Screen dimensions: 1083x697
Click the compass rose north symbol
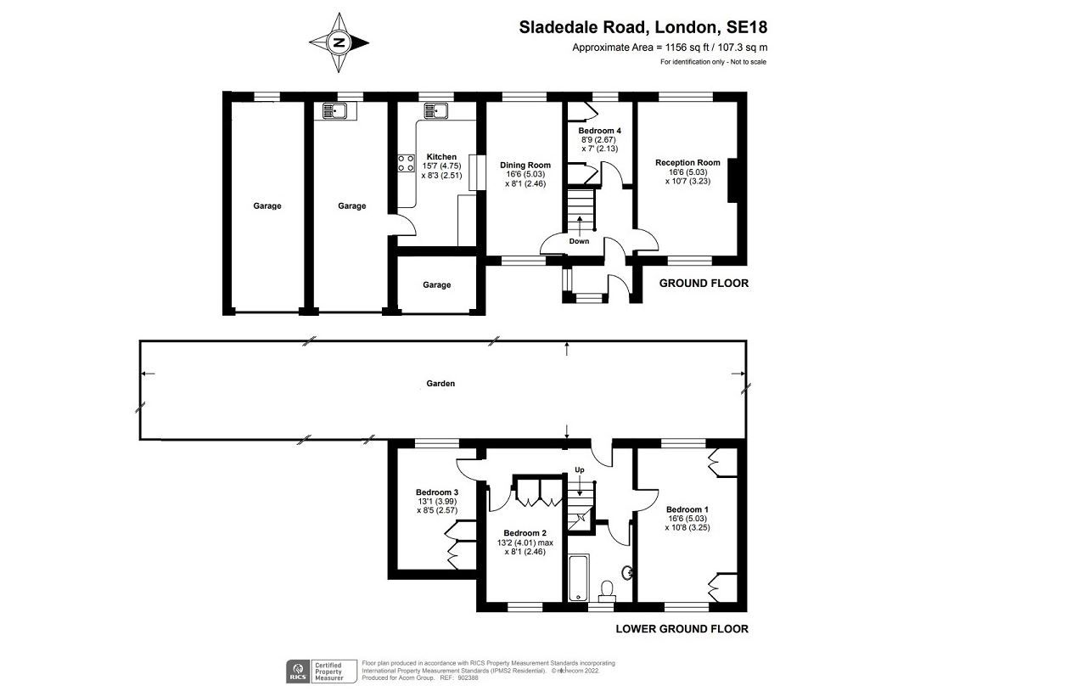(x=339, y=42)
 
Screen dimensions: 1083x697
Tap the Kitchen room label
(x=441, y=157)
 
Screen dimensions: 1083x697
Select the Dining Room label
(x=525, y=165)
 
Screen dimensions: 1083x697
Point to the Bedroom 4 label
(x=599, y=131)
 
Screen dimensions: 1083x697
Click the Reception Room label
(x=687, y=162)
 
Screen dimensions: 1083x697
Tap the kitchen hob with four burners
(x=406, y=163)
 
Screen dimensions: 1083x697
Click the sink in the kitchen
(x=436, y=110)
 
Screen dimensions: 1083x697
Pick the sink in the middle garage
(x=334, y=111)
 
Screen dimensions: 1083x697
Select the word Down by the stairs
(x=579, y=241)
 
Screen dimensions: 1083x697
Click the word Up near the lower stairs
(x=580, y=469)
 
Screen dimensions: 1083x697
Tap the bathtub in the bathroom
(x=579, y=578)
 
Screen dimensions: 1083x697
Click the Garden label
(x=440, y=384)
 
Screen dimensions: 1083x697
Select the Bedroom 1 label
(x=687, y=509)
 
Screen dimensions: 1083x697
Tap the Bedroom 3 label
(x=437, y=492)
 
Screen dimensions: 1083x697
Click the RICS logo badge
(x=298, y=672)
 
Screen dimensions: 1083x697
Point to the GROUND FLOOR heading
(x=704, y=284)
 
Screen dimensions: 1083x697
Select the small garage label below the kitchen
(x=436, y=285)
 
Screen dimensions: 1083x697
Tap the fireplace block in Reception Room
(x=733, y=181)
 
